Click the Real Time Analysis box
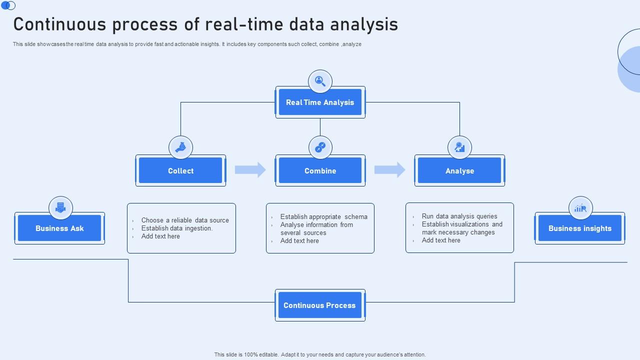(320, 102)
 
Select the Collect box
(180, 171)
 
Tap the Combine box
(320, 171)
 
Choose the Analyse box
(459, 171)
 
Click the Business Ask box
(59, 228)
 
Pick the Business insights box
(579, 228)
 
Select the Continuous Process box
(320, 305)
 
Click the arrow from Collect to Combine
(250, 170)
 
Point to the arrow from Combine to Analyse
(390, 170)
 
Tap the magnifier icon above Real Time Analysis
(320, 81)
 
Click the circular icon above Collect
(180, 147)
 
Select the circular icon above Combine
(320, 147)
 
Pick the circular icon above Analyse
(459, 147)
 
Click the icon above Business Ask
(60, 208)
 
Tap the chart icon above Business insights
(580, 208)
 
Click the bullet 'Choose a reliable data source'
(185, 220)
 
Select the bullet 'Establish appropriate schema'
(323, 216)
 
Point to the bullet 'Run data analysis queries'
(459, 216)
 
